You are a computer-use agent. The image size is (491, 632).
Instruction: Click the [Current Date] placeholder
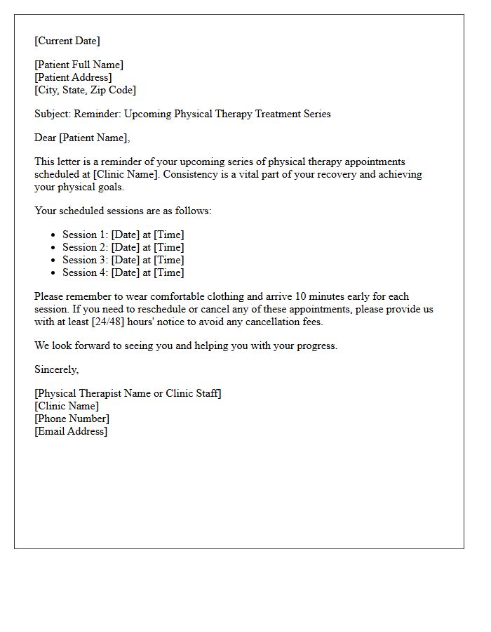tap(67, 41)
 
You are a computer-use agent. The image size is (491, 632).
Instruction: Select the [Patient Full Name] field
tap(79, 65)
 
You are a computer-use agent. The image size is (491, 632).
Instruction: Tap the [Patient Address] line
tap(73, 77)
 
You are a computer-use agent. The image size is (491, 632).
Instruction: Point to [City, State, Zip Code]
tap(85, 90)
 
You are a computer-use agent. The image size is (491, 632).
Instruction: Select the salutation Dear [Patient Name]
tap(82, 138)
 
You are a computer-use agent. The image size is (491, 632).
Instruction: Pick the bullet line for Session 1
tap(123, 235)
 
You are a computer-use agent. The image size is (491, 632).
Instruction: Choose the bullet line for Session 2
tap(123, 247)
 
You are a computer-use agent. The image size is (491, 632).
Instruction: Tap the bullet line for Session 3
tap(123, 260)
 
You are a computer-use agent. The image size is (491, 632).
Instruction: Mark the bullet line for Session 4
tap(123, 272)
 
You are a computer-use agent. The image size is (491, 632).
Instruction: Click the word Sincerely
tap(56, 369)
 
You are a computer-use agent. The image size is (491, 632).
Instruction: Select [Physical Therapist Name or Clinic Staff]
tap(128, 393)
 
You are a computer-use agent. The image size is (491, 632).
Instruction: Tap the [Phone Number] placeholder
tap(72, 419)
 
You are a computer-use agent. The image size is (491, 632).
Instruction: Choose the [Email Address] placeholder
tap(71, 431)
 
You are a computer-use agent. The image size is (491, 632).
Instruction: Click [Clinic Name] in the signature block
tap(67, 406)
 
